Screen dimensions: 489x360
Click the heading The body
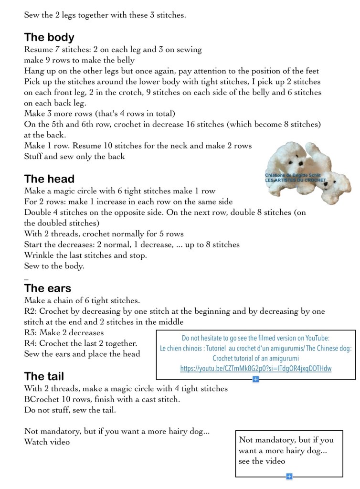[49, 37]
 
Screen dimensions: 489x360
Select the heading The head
[49, 179]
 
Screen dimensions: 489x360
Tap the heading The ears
[48, 288]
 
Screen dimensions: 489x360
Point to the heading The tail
[44, 376]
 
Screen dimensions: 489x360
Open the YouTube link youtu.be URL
[255, 368]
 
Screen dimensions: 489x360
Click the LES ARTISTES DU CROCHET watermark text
[295, 181]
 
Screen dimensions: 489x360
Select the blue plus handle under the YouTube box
[255, 379]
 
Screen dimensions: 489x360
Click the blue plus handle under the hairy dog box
[289, 476]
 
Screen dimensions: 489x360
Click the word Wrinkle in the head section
[38, 255]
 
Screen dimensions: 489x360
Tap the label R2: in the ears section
[31, 311]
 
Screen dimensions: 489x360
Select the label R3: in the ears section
[31, 332]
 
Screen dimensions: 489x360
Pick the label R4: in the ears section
[31, 343]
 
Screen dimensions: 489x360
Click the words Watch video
[47, 442]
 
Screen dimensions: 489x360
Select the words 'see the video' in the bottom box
[262, 461]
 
